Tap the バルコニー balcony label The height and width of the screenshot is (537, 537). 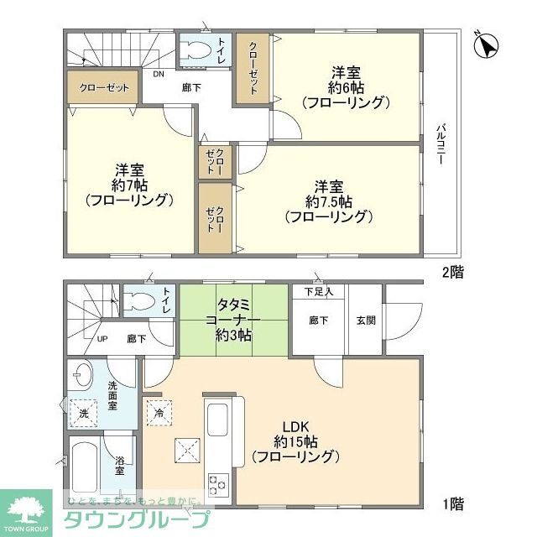pyautogui.click(x=440, y=143)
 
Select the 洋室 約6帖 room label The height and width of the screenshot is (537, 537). pyautogui.click(x=345, y=87)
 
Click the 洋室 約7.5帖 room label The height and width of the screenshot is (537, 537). pyautogui.click(x=328, y=201)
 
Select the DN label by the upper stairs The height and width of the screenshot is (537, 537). pyautogui.click(x=159, y=74)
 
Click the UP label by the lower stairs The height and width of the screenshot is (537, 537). pyautogui.click(x=102, y=339)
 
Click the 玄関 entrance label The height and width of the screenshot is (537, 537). pyautogui.click(x=366, y=319)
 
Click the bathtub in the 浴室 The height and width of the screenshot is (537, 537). pyautogui.click(x=84, y=470)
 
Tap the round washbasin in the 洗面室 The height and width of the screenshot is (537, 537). pyautogui.click(x=82, y=375)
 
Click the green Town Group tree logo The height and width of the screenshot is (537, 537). pyautogui.click(x=26, y=508)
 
